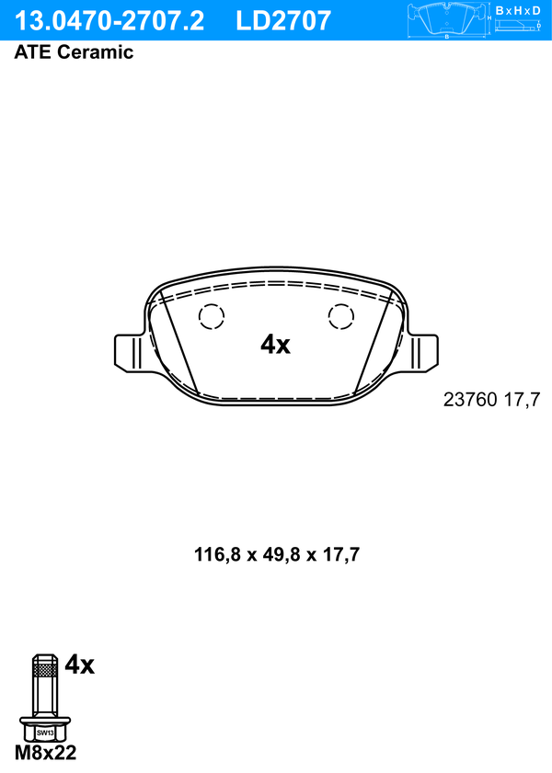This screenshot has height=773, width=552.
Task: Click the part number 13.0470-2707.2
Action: [x=109, y=21]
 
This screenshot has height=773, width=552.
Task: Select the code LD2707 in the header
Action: [x=283, y=21]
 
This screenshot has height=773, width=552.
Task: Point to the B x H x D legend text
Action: [x=518, y=10]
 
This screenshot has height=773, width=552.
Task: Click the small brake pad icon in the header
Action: [x=447, y=20]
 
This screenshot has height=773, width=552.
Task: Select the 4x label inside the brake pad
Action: [x=275, y=344]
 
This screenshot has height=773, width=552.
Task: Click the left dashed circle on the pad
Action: [x=212, y=316]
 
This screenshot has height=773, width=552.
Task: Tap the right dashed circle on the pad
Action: [x=341, y=316]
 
